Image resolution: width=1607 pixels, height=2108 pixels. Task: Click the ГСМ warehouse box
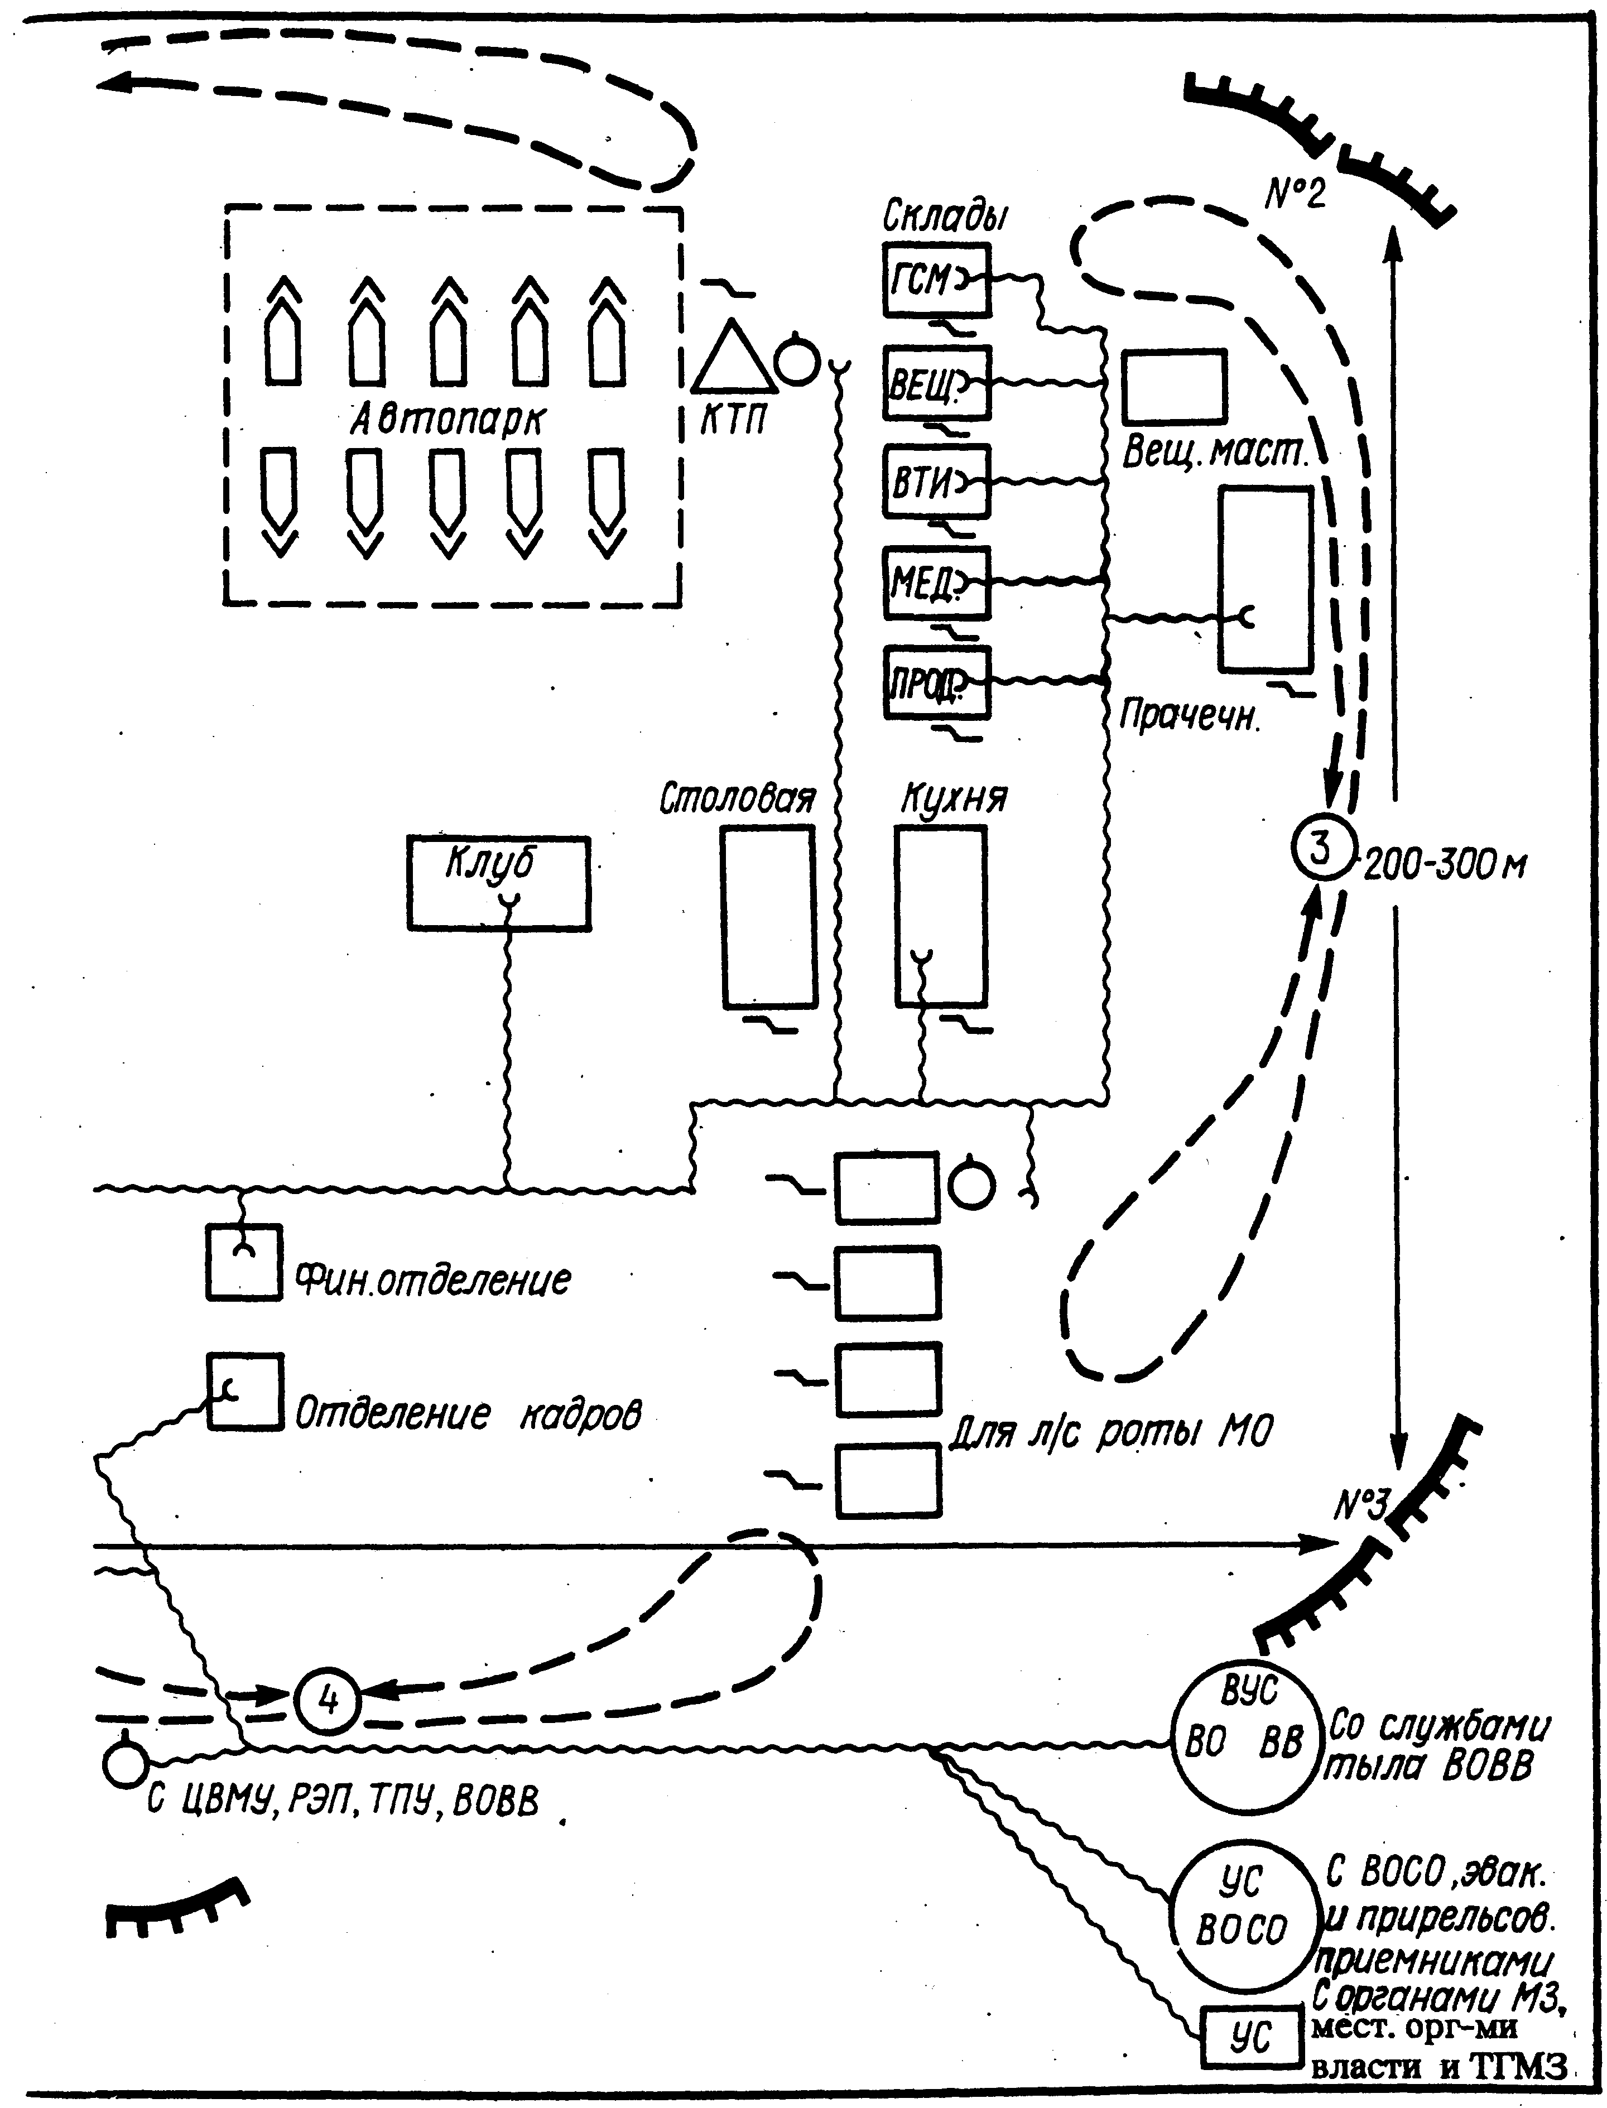pyautogui.click(x=936, y=280)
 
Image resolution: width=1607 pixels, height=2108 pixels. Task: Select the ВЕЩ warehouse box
pyautogui.click(x=936, y=383)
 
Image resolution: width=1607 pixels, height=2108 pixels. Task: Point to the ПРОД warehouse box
pyautogui.click(x=936, y=683)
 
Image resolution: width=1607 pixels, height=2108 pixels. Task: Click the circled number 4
pyautogui.click(x=327, y=1701)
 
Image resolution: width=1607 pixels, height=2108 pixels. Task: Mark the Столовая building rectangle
pyautogui.click(x=769, y=916)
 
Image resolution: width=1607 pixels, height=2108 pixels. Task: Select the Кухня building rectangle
pyautogui.click(x=940, y=916)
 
